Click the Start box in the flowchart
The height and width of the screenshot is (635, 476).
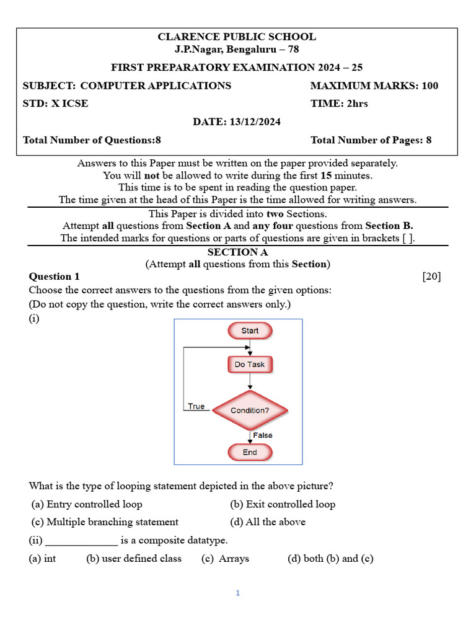tap(250, 331)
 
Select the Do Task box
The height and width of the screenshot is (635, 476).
tap(250, 365)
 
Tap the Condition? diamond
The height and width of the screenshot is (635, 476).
tap(250, 411)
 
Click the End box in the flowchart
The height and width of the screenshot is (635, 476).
tap(250, 452)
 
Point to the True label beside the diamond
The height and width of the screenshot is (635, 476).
tap(196, 406)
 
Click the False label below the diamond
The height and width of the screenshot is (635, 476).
tap(263, 435)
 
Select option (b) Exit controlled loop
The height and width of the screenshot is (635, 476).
tap(283, 504)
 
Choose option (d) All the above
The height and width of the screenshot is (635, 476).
tap(268, 522)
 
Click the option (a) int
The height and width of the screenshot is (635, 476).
tap(43, 559)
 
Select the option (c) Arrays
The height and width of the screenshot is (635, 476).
tap(226, 559)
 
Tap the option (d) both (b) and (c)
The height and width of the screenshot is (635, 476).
tap(330, 559)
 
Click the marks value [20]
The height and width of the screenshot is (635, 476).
tap(431, 277)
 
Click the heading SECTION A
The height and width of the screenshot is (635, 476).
tap(237, 252)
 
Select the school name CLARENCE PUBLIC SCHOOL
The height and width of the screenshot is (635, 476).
tap(237, 37)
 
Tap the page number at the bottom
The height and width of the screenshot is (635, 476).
tap(237, 593)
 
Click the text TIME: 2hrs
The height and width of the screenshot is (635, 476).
tap(339, 104)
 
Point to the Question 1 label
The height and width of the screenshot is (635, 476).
tap(55, 277)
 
